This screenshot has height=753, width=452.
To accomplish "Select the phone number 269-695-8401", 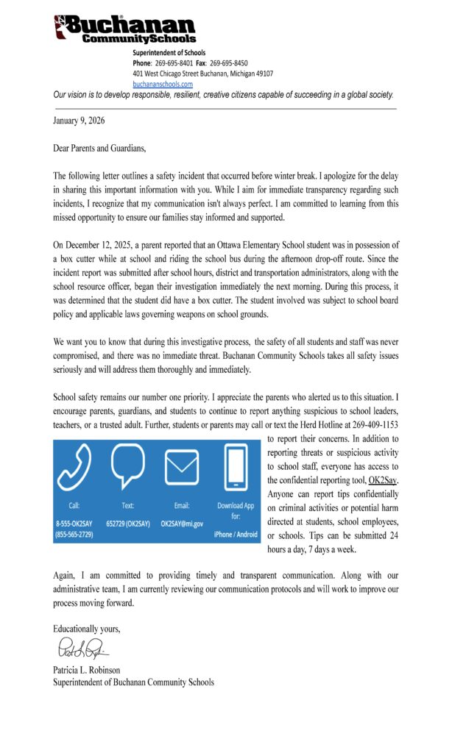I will (176, 63).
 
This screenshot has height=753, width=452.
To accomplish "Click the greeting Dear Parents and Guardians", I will (99, 148).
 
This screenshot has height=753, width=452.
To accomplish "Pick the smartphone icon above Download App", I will (235, 466).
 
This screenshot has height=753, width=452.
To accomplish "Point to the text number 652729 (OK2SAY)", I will (128, 523).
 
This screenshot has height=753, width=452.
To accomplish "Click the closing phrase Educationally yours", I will (86, 629).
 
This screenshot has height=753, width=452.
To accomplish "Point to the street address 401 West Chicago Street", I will (175, 74).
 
